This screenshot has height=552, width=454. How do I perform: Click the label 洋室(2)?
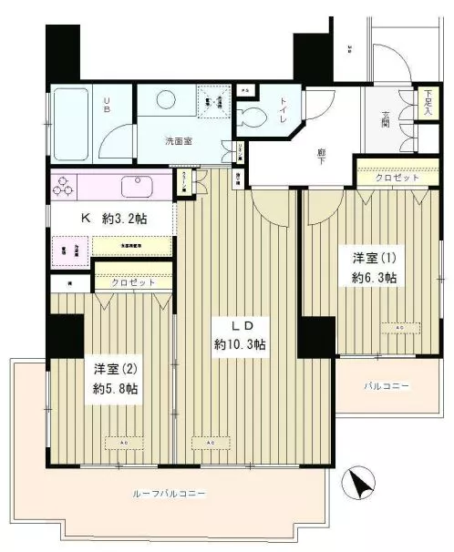click(x=113, y=369)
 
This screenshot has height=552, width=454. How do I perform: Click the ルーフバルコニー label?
click(x=170, y=493)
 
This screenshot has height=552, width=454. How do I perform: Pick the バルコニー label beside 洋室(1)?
click(x=387, y=386)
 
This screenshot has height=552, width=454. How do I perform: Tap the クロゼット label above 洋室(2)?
click(x=133, y=283)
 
